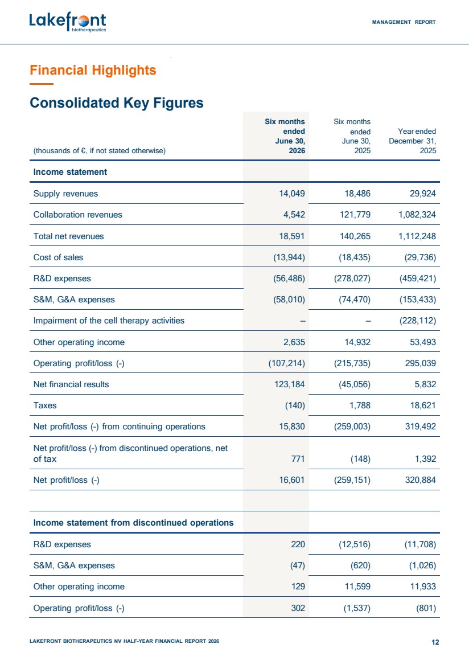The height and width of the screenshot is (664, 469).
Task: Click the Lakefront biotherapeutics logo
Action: click(x=68, y=22)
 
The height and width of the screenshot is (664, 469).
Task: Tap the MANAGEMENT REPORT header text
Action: click(x=404, y=22)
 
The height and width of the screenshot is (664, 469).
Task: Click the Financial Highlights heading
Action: click(x=93, y=70)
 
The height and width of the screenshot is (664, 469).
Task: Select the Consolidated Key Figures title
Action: click(x=117, y=103)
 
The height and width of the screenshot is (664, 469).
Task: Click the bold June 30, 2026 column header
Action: click(x=285, y=136)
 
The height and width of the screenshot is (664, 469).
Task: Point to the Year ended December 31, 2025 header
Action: click(x=412, y=141)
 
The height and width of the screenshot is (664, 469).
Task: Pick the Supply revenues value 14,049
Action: click(x=291, y=194)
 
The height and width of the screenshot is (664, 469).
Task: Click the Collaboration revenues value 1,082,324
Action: click(x=417, y=215)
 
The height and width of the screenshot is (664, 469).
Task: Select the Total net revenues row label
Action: click(x=68, y=236)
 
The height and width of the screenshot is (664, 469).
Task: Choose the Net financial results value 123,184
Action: click(x=290, y=384)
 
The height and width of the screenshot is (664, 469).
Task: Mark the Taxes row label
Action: click(x=45, y=405)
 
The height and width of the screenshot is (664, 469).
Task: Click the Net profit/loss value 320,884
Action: click(x=420, y=480)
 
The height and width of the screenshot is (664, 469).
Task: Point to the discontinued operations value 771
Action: click(x=298, y=459)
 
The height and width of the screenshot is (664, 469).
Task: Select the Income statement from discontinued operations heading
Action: click(x=133, y=523)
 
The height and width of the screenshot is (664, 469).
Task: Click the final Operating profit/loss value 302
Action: click(x=298, y=608)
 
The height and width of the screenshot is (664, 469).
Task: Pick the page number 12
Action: click(x=435, y=642)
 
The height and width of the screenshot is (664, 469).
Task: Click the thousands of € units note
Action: click(x=100, y=151)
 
